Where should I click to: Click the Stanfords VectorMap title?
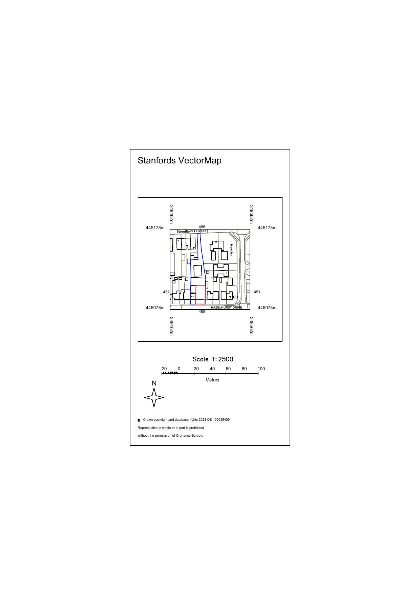[x=179, y=160]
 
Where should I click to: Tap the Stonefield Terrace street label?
[x=191, y=231]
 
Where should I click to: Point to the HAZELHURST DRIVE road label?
[x=226, y=308]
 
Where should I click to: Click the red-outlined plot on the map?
[x=201, y=295]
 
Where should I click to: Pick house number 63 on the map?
[x=192, y=297]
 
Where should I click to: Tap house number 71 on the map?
[x=230, y=297]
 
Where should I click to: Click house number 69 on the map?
[x=216, y=242]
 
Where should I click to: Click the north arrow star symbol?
[x=154, y=397]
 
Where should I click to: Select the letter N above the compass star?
[x=154, y=383]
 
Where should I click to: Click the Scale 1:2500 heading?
[x=213, y=359]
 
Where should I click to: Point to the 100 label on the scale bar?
[x=261, y=369]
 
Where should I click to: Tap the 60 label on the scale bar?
[x=228, y=369]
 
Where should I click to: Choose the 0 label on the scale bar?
[x=179, y=369]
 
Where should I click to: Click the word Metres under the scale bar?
[x=212, y=380]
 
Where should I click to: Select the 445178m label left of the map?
[x=155, y=228]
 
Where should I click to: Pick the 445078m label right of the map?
[x=267, y=308]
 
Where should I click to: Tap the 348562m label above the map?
[x=251, y=214]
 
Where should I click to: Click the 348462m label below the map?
[x=171, y=326]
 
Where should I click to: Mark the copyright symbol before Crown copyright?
[x=139, y=420]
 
